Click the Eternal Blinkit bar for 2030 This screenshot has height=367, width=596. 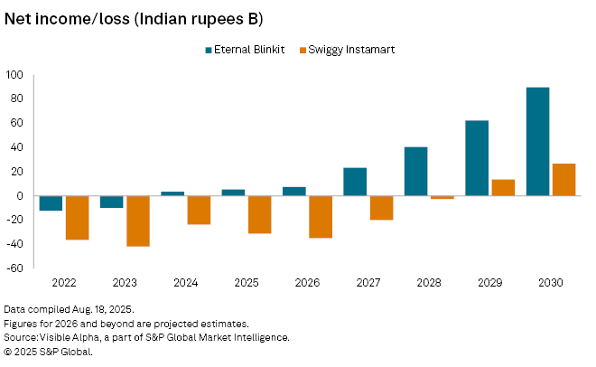537,141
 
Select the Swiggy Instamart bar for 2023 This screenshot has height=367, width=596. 137,221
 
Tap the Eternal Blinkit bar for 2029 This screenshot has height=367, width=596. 477,158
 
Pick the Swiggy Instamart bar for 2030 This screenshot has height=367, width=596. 563,179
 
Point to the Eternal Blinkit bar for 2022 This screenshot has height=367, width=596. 51,203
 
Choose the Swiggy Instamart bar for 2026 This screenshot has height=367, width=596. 320,216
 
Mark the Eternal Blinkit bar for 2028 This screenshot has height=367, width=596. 415,171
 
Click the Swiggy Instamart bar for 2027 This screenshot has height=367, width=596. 381,207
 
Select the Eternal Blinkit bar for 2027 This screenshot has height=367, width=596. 355,181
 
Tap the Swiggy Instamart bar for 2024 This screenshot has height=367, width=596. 199,210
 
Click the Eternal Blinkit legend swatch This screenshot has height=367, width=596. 210,50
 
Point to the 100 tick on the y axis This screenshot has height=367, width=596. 16,74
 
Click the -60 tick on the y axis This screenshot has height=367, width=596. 16,268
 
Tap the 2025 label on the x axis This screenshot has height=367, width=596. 246,283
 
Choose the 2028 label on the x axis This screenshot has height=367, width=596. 428,283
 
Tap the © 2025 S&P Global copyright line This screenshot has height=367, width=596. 50,352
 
